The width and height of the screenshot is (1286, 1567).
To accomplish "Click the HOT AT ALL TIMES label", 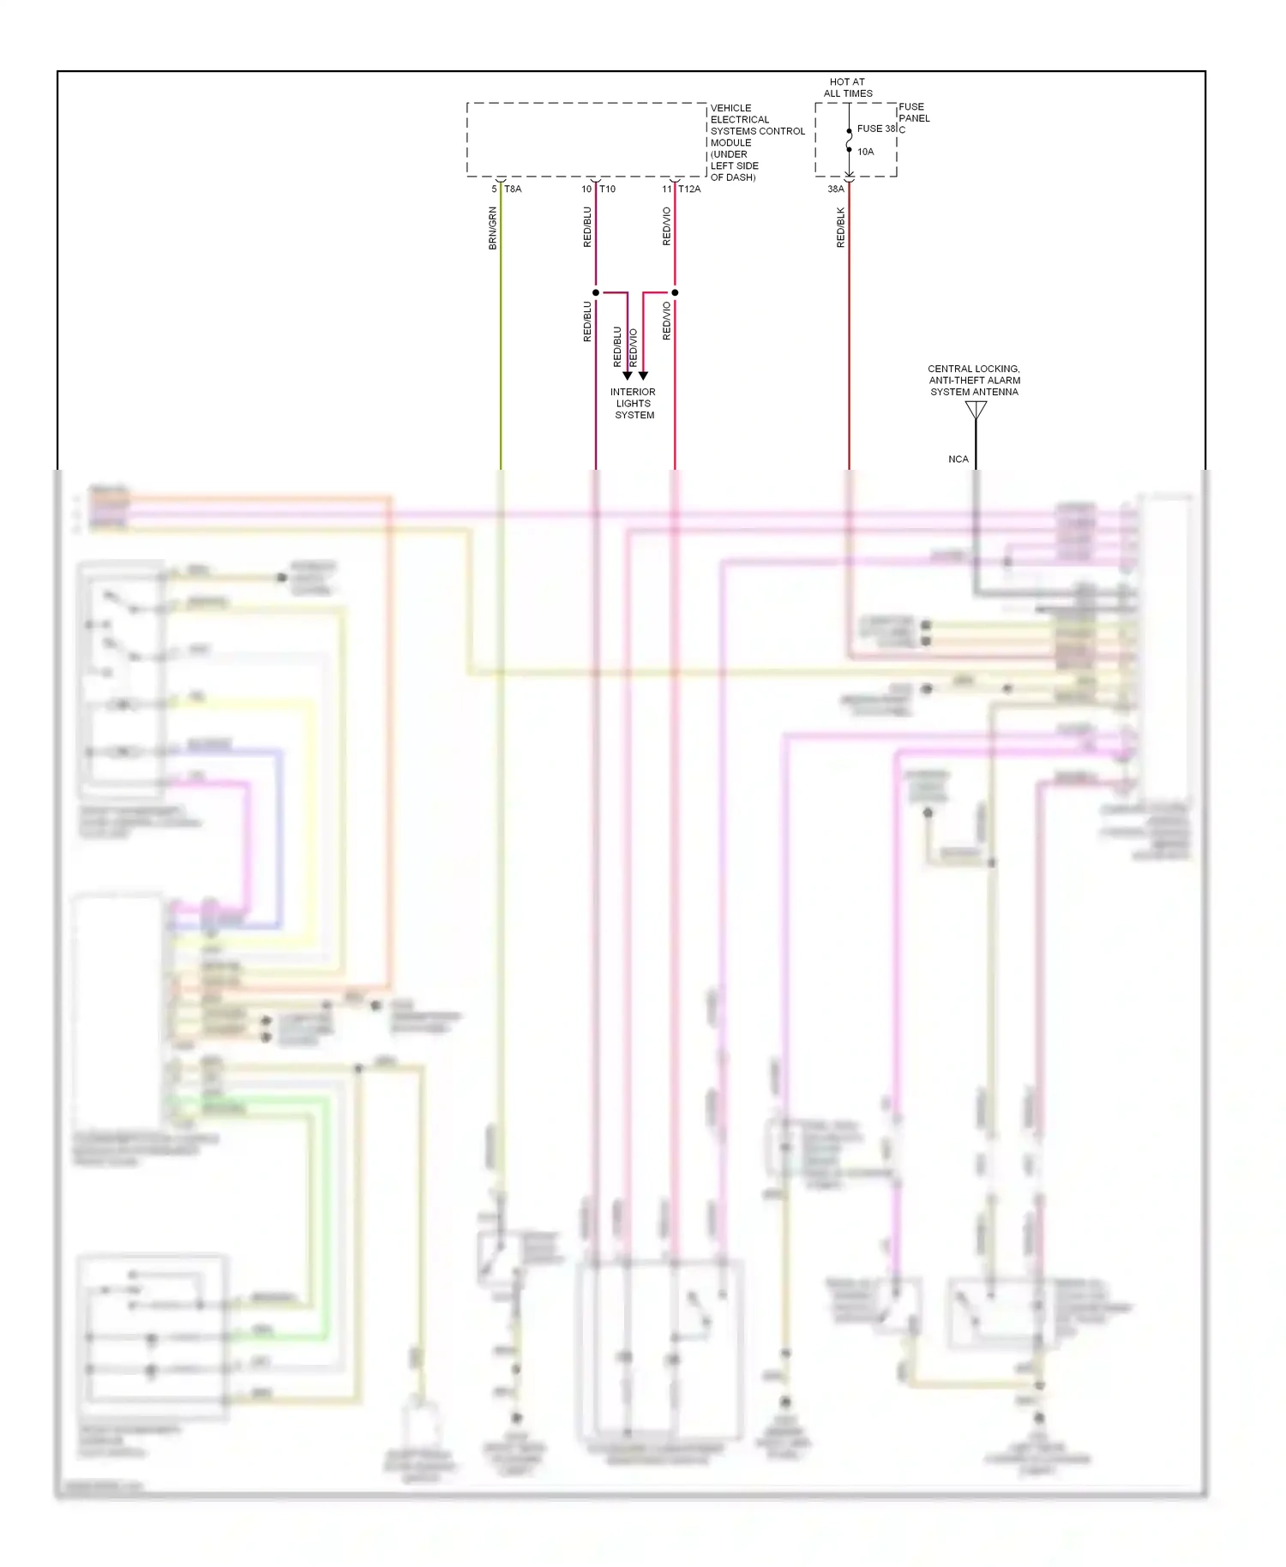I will (x=848, y=87).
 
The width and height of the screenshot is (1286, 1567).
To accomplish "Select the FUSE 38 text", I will (x=876, y=129).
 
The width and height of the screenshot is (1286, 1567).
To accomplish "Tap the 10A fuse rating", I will (x=866, y=152).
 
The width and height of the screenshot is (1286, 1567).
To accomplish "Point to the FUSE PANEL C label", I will (x=914, y=118).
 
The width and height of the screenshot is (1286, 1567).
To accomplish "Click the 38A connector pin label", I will (x=835, y=189).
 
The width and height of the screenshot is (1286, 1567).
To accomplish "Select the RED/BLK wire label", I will (x=841, y=228).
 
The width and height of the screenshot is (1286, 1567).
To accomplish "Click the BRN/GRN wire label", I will (x=492, y=228).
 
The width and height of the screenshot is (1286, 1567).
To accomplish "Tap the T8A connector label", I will (x=513, y=189).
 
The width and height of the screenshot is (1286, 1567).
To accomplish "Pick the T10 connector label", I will (x=607, y=189).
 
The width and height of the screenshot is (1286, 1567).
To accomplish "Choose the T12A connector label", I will (x=689, y=189).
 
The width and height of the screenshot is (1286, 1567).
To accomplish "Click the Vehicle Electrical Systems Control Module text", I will (x=756, y=142).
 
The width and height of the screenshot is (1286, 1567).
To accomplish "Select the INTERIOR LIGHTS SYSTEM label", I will (x=634, y=404).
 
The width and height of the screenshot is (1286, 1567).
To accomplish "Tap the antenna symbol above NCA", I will (x=976, y=411).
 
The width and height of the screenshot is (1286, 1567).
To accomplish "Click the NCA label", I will (x=958, y=459).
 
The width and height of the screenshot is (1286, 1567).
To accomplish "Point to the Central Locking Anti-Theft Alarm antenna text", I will (x=974, y=381).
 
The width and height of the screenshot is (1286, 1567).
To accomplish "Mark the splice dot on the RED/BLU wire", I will (x=596, y=293).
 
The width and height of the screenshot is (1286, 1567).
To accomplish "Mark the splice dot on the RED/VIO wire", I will (x=675, y=293).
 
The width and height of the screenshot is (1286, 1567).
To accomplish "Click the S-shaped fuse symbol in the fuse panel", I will (x=849, y=140).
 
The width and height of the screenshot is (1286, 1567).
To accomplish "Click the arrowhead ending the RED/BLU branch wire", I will (x=628, y=375).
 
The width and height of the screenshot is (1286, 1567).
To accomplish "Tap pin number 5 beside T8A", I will (x=494, y=189).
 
